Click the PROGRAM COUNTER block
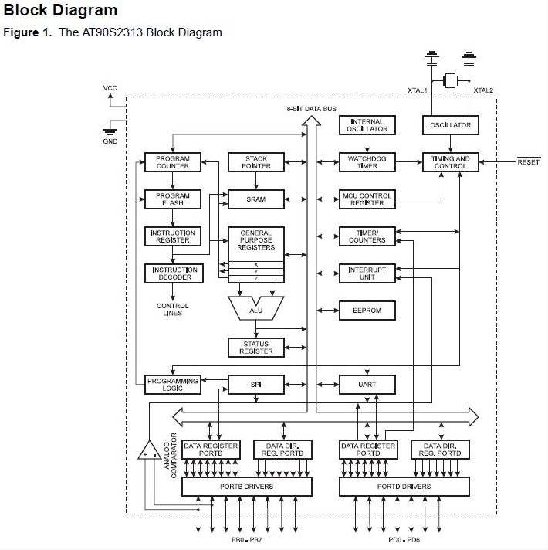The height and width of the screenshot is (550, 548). tap(173, 162)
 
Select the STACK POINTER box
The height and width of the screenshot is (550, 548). tap(256, 162)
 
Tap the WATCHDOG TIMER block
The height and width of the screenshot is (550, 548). tap(367, 162)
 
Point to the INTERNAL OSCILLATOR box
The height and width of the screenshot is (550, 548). tap(367, 125)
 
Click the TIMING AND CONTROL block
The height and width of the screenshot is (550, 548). tap(451, 162)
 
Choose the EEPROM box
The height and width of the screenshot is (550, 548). tap(367, 311)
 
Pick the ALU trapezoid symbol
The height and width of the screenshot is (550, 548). tap(256, 310)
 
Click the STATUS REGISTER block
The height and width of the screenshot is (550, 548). tap(256, 348)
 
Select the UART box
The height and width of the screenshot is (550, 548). tap(367, 384)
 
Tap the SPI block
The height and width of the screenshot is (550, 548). tap(256, 384)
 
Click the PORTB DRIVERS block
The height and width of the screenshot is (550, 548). tap(246, 487)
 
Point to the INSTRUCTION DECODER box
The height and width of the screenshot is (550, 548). tap(173, 273)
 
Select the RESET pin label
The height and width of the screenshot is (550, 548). tap(529, 162)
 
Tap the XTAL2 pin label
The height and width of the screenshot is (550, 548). tap(483, 90)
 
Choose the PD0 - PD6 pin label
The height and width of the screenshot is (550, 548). tap(404, 541)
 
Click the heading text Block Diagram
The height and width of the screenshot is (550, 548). tap(61, 11)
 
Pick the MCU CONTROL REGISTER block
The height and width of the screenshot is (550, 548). tap(367, 199)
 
